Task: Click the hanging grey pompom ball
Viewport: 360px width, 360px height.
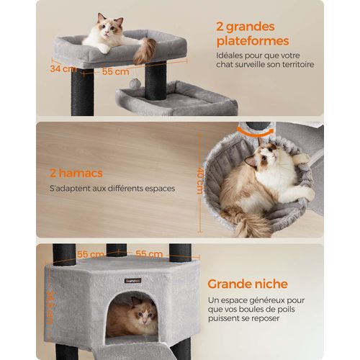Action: pos(135,84)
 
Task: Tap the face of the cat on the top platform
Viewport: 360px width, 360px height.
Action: pos(111,32)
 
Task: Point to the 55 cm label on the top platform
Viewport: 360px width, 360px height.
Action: pos(112,72)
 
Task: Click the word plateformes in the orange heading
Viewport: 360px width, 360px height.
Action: pos(252,41)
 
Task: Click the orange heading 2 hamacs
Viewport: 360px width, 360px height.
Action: pos(76,173)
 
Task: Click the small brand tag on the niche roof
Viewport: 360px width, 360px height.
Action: pos(132,280)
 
